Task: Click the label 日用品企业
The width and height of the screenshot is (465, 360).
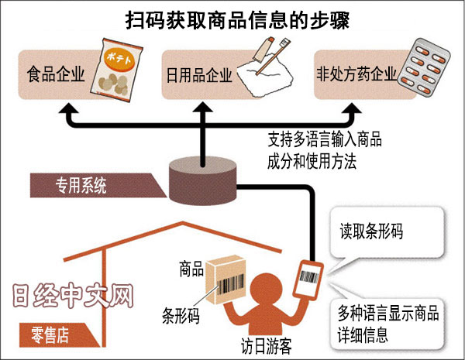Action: tap(199, 77)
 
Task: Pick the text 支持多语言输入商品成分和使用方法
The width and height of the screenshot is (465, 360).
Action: tap(325, 150)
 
